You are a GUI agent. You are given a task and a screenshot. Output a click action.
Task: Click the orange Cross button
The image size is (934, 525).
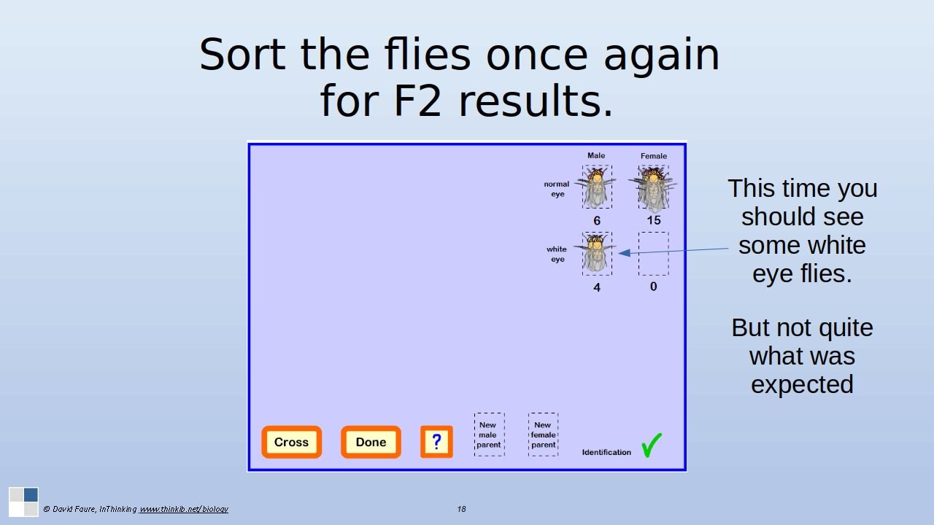pos(291,442)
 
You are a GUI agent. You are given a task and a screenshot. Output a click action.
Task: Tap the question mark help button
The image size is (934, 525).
pos(436,442)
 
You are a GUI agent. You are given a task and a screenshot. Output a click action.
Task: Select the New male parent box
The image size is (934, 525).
pos(489,435)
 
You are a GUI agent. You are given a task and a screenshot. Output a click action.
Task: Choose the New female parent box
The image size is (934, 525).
pos(544,435)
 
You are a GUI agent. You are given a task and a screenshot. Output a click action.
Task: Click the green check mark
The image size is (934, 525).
pos(652,445)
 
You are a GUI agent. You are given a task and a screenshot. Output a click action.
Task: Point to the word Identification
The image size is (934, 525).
pos(606,452)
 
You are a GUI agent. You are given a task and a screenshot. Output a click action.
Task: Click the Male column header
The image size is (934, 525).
pos(596,155)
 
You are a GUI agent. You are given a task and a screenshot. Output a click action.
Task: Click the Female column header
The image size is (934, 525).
pos(653,156)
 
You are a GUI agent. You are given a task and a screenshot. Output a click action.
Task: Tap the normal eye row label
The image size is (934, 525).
pos(557,189)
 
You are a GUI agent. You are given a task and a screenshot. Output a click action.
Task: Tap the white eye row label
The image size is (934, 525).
pos(557,254)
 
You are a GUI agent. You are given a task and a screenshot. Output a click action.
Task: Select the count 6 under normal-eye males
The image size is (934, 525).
pos(597,221)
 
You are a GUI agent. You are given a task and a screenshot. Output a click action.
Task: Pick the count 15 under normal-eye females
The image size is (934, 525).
pos(653,220)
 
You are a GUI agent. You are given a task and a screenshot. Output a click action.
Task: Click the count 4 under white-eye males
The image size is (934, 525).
pos(597,287)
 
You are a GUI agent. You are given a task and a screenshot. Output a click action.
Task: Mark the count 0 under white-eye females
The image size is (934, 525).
pos(653,287)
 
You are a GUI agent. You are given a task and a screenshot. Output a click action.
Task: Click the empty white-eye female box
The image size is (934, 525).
pos(653,254)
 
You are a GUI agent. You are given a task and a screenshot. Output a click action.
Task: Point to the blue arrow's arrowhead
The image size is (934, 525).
pos(624,252)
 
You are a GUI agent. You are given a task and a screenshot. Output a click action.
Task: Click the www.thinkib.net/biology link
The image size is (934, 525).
pos(183,509)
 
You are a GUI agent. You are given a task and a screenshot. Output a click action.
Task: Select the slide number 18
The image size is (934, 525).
pos(461,509)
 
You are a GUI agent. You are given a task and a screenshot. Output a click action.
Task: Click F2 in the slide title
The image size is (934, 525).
pos(417,101)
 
